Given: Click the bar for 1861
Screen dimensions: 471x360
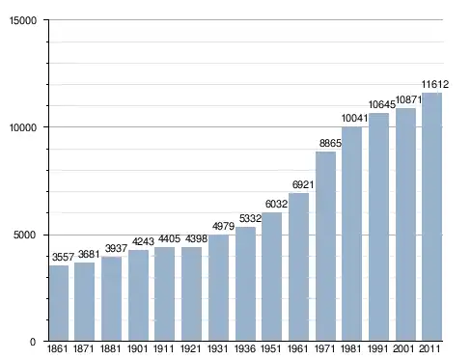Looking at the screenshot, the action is pos(59,303).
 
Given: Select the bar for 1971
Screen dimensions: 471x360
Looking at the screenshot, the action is pos(325,246).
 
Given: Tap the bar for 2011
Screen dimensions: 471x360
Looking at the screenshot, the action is pos(432,217).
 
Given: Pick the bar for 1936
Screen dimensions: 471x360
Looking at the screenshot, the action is pos(245,284).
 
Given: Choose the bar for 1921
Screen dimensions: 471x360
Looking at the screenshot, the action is pos(191,294).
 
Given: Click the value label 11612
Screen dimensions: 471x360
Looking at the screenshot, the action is pos(435,84).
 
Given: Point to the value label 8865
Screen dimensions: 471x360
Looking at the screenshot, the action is pos(330,143).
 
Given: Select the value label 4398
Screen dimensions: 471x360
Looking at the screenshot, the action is pos(196,239).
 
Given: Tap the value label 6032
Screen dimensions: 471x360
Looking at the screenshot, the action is pos(276,204).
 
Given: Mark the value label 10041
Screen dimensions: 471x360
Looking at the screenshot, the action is pos(354,119).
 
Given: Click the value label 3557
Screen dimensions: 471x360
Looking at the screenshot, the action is pos(63,257).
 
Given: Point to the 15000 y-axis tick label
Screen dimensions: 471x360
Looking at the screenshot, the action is pos(23,20).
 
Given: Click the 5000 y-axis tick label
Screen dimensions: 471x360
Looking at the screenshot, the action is pos(25,235).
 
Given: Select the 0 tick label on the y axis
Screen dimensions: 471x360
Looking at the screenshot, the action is pos(33,342).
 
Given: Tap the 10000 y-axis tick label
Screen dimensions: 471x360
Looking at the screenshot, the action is pos(23,127).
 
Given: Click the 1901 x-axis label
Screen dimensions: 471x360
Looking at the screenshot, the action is pos(138,348).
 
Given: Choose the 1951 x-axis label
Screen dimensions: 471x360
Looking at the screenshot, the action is pos(272,348).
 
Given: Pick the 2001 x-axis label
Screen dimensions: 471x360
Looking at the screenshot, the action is pos(403,348).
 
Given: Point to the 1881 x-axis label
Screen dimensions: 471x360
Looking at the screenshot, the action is pos(111,348).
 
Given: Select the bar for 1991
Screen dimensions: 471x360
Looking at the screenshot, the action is pos(378,227).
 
